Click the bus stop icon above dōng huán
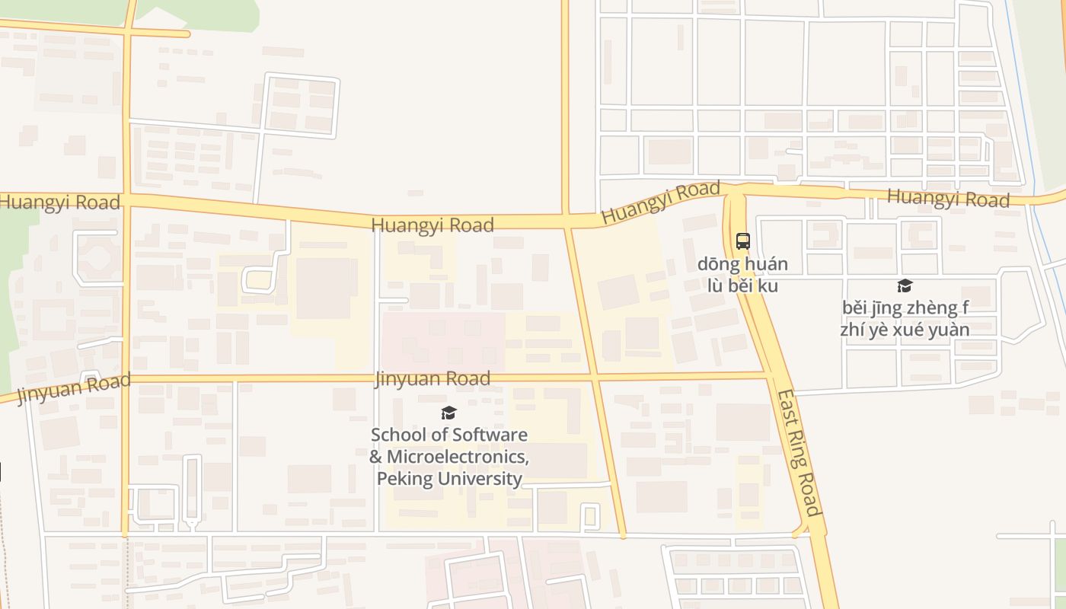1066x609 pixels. click(x=743, y=241)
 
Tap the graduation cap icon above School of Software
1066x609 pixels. click(x=448, y=413)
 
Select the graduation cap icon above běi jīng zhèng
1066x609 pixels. click(x=905, y=285)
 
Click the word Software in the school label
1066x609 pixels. click(x=490, y=435)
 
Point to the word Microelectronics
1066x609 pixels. click(x=457, y=457)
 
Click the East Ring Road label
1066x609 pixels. click(x=799, y=454)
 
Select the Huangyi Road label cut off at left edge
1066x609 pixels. click(x=59, y=202)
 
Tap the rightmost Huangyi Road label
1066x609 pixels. click(x=948, y=199)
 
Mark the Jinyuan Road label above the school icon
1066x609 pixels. click(x=432, y=378)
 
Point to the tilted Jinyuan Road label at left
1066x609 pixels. click(x=74, y=387)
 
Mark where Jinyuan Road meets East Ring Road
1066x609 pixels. click(x=771, y=375)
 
